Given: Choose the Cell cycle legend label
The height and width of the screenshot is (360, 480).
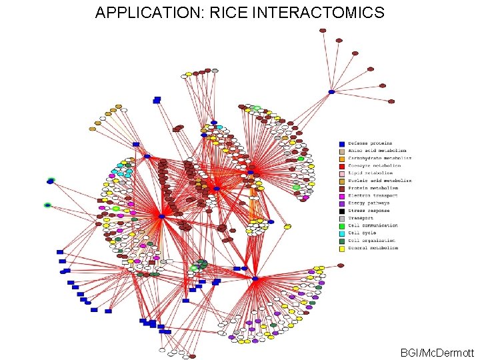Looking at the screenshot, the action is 363,233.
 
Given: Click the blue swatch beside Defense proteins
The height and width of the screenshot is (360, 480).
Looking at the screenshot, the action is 342,143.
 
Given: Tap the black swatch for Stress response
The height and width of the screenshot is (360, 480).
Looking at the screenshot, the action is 342,211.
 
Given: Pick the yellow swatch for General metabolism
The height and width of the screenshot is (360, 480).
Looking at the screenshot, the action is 342,248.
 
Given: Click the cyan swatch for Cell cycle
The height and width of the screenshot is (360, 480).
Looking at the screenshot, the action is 342,233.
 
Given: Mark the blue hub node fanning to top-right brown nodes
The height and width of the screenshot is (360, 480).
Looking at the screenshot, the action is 331,91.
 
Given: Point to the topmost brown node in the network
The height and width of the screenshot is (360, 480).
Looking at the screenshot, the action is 323,31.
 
